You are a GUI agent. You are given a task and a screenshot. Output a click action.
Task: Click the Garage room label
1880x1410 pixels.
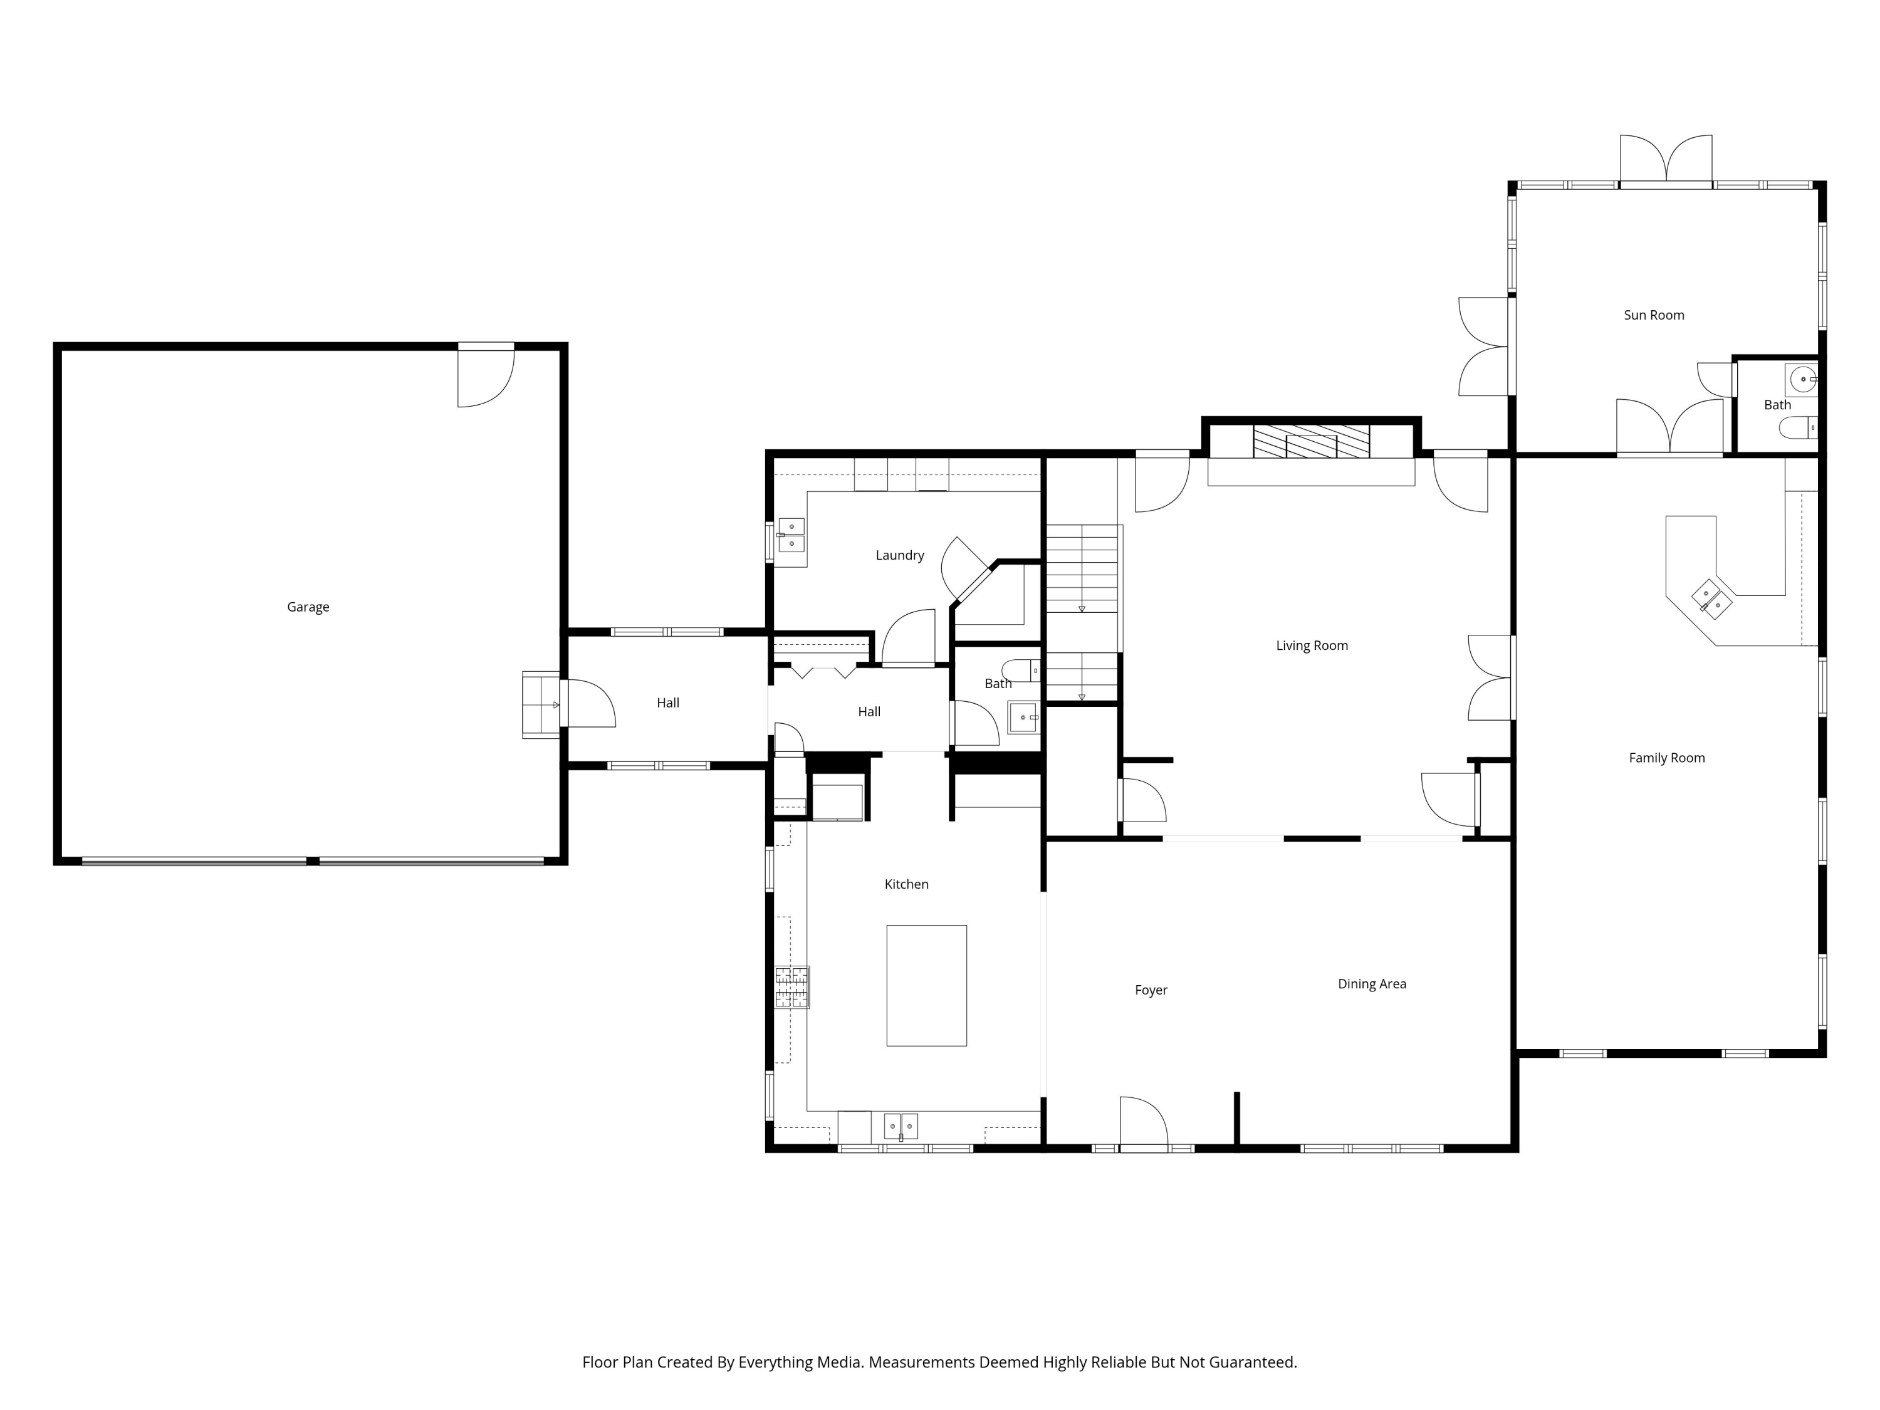click(308, 607)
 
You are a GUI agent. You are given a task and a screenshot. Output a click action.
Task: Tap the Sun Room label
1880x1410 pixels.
click(1654, 315)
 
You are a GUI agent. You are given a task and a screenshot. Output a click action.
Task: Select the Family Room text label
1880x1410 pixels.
click(1667, 758)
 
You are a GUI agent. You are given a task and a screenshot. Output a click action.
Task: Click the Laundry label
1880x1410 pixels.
click(899, 555)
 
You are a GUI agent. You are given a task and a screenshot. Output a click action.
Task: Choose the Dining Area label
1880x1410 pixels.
click(1372, 984)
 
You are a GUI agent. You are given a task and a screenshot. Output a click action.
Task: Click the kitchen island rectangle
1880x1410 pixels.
click(926, 985)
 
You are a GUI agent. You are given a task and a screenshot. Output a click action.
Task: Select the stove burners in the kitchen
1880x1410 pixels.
click(791, 987)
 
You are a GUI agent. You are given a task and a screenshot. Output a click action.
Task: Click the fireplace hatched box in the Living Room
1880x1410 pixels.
click(1312, 442)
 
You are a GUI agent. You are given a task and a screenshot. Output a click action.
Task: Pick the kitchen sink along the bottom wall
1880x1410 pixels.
click(901, 1126)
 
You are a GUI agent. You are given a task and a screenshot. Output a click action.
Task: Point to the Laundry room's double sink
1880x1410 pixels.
click(791, 535)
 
